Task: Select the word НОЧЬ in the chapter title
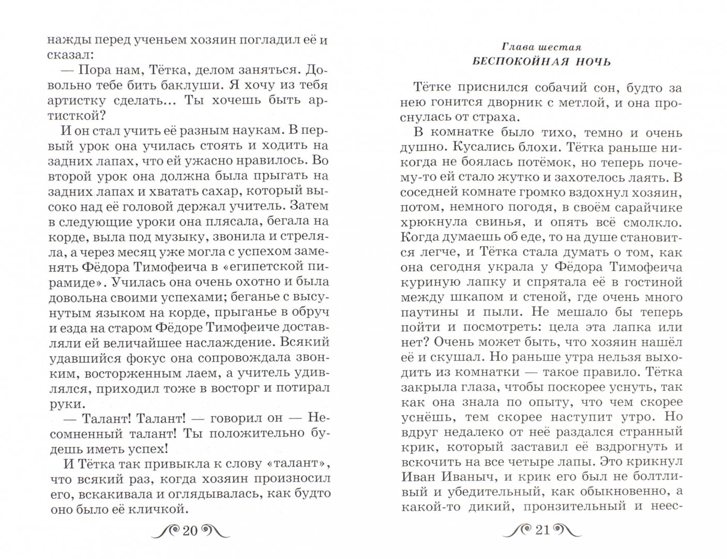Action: click(x=590, y=62)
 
